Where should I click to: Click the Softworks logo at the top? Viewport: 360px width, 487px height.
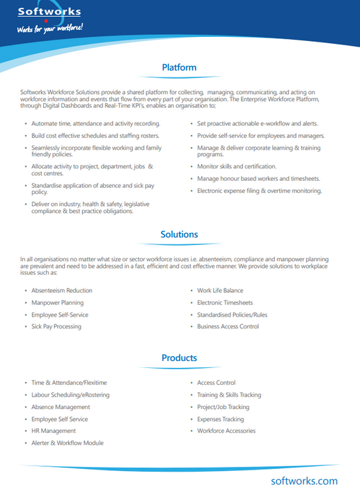tap(49, 12)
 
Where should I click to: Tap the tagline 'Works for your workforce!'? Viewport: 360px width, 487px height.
tap(50, 29)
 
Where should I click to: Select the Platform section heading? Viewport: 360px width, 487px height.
tap(179, 67)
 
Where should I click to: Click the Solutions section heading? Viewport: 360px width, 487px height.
tap(179, 234)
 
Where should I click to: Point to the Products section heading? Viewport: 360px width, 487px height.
tap(179, 358)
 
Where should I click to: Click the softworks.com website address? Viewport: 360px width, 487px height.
tap(304, 480)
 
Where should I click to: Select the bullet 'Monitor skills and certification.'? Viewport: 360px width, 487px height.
tap(237, 166)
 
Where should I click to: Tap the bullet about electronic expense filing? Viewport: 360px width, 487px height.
tap(259, 190)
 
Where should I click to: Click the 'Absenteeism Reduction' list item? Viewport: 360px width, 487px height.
tap(62, 291)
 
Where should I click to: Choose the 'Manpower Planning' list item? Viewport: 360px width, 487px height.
tap(57, 303)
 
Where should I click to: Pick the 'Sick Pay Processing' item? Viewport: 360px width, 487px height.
tap(56, 326)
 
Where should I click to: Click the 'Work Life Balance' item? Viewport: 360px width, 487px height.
tap(220, 291)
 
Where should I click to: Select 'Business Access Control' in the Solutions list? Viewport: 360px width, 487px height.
tap(228, 326)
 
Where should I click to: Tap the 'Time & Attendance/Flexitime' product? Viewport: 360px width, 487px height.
tap(69, 383)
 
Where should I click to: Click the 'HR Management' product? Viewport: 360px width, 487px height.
tap(54, 431)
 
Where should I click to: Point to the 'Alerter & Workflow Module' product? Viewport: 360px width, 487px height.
tap(67, 442)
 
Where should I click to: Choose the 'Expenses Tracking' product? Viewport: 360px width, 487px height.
tap(221, 419)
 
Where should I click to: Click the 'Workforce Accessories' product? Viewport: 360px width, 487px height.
tap(226, 431)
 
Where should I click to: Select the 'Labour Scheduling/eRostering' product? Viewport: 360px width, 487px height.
tap(72, 394)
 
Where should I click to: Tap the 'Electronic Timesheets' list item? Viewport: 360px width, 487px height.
tap(225, 303)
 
